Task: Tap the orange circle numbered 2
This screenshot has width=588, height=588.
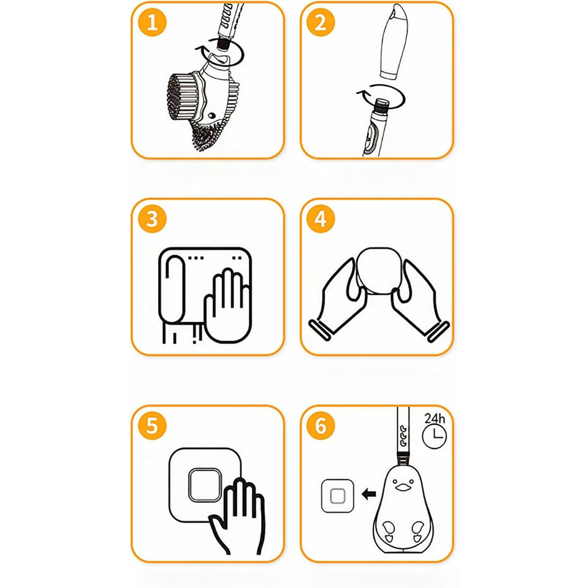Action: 321,22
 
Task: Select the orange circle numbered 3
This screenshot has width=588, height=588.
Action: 152,219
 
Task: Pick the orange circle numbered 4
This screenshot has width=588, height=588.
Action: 321,219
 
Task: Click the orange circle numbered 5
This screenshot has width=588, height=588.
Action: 152,426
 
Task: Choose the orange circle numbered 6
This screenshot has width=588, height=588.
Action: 321,426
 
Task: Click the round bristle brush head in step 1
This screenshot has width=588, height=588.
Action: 180,94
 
